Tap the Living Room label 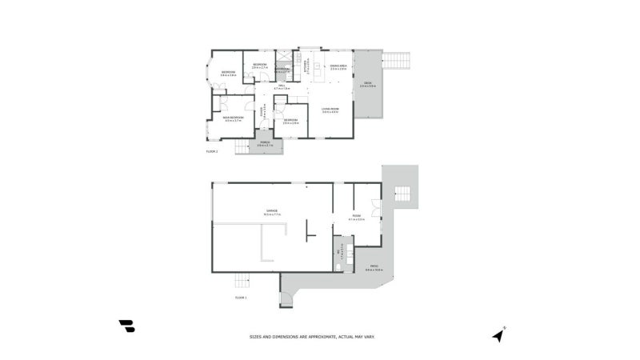[x=330, y=110]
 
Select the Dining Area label [x=338, y=67]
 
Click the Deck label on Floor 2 [x=367, y=84]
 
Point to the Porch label [x=265, y=145]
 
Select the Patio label [x=374, y=268]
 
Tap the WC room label [x=340, y=252]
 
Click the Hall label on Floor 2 [x=282, y=86]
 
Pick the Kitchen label [x=305, y=67]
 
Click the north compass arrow [x=500, y=334]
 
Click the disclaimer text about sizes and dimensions [x=312, y=337]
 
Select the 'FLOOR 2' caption [x=212, y=150]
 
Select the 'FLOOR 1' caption [x=241, y=298]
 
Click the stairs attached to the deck [x=398, y=61]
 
